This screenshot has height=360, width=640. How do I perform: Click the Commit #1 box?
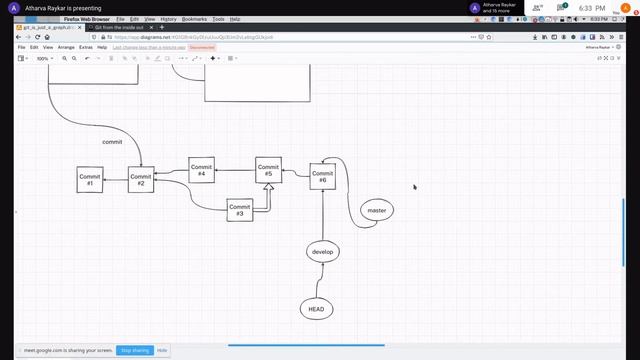[89, 180]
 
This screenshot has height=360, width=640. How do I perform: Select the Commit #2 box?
[141, 180]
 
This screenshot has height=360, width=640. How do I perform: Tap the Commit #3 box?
[239, 210]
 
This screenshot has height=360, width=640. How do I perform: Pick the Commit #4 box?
[201, 170]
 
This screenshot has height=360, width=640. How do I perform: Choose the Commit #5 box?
[268, 170]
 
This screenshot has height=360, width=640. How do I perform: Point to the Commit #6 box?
[322, 176]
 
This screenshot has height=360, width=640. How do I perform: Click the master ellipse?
[377, 211]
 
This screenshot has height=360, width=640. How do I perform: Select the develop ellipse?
[322, 252]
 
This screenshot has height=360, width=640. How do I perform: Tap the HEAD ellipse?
[316, 310]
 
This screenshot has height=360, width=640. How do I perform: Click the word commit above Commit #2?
[112, 142]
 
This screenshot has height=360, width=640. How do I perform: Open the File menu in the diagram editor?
[21, 47]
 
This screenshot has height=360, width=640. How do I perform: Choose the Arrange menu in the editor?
[66, 47]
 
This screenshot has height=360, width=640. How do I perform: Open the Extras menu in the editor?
[86, 47]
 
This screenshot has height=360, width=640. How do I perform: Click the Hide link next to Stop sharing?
[162, 350]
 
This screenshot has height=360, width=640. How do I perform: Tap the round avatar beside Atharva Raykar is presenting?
[13, 8]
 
